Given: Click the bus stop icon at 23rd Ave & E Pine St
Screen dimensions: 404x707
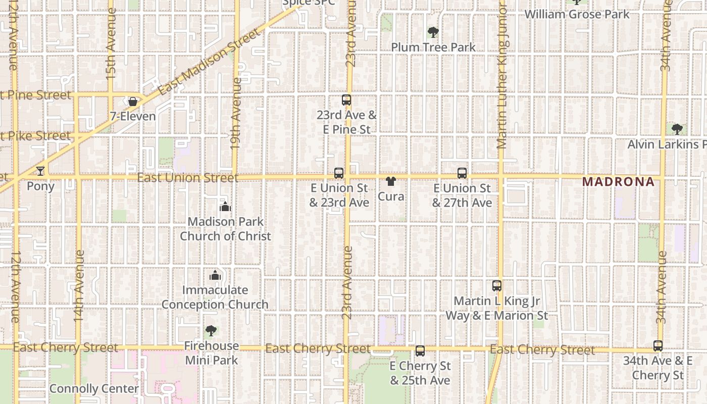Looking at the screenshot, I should [x=346, y=100].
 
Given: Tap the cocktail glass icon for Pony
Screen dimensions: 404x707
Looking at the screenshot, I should [x=40, y=171].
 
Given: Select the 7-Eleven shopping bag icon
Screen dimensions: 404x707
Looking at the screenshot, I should [x=133, y=102].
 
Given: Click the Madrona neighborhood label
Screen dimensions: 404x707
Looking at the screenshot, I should [x=618, y=182].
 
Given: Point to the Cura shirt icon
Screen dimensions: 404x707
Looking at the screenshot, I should [x=390, y=181].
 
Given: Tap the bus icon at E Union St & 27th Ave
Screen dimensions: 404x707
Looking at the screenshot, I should [x=462, y=173].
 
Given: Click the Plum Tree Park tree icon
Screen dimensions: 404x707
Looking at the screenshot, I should [x=433, y=33].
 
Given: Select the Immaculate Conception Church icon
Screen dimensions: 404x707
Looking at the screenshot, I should [x=215, y=275].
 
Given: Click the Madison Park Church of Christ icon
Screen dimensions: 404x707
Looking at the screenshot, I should [x=225, y=207].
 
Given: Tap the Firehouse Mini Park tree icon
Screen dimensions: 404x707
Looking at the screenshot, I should [x=211, y=331].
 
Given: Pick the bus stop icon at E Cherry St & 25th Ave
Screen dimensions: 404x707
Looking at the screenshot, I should [x=420, y=351].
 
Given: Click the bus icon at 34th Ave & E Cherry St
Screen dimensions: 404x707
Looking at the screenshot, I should [x=658, y=346].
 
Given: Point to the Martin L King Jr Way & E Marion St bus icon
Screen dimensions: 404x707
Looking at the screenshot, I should [x=497, y=286].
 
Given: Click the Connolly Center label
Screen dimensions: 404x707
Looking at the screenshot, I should [x=94, y=389].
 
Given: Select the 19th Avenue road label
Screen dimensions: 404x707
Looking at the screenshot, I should [x=235, y=113].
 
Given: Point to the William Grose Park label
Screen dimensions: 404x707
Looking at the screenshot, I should [x=577, y=14].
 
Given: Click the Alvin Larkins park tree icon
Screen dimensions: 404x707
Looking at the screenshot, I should [x=677, y=129].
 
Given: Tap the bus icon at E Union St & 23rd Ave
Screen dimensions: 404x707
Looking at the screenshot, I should [x=338, y=173].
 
